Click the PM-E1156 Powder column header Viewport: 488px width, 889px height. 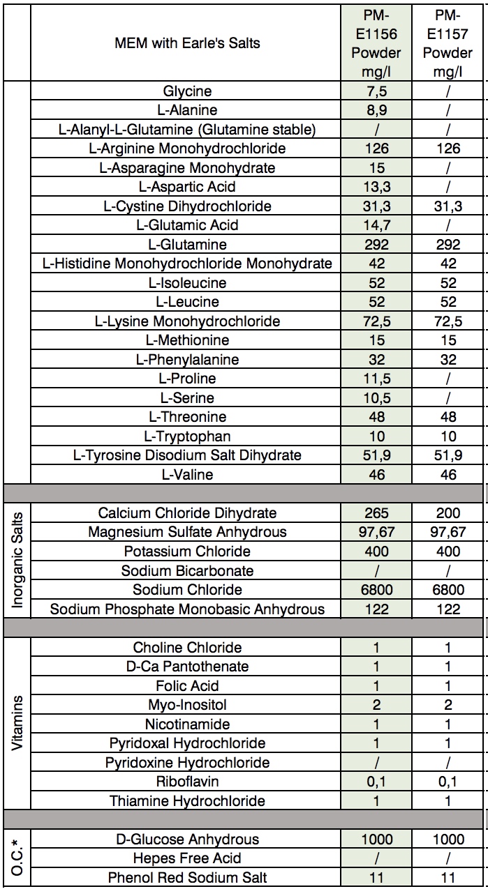coord(376,43)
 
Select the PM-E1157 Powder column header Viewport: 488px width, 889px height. coord(448,43)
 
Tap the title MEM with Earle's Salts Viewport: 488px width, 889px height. coord(187,43)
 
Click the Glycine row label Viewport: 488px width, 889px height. coord(187,91)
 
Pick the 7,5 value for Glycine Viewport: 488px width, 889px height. coord(376,91)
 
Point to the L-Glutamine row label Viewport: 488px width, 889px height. coord(187,245)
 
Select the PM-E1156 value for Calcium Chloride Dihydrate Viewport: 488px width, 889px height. coord(376,513)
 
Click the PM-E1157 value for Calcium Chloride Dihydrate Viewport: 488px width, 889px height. coord(448,513)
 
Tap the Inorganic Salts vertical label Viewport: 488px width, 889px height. coord(16,561)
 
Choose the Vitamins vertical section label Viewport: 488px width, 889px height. coord(16,723)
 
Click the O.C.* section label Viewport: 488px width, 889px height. coord(16,858)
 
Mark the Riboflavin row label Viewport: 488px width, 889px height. coord(187,782)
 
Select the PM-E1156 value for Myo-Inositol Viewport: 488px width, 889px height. coord(376,706)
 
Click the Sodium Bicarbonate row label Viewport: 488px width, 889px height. coord(187,571)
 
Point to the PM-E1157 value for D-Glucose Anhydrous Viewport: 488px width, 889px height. coord(448,839)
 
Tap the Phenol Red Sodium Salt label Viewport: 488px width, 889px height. coord(187,878)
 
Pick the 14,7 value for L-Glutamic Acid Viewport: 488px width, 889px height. coord(376,225)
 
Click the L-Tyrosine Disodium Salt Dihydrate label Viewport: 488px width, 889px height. coord(187,455)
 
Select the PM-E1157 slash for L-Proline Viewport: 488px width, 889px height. coord(448,379)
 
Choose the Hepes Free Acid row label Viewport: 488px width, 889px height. coord(187,859)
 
